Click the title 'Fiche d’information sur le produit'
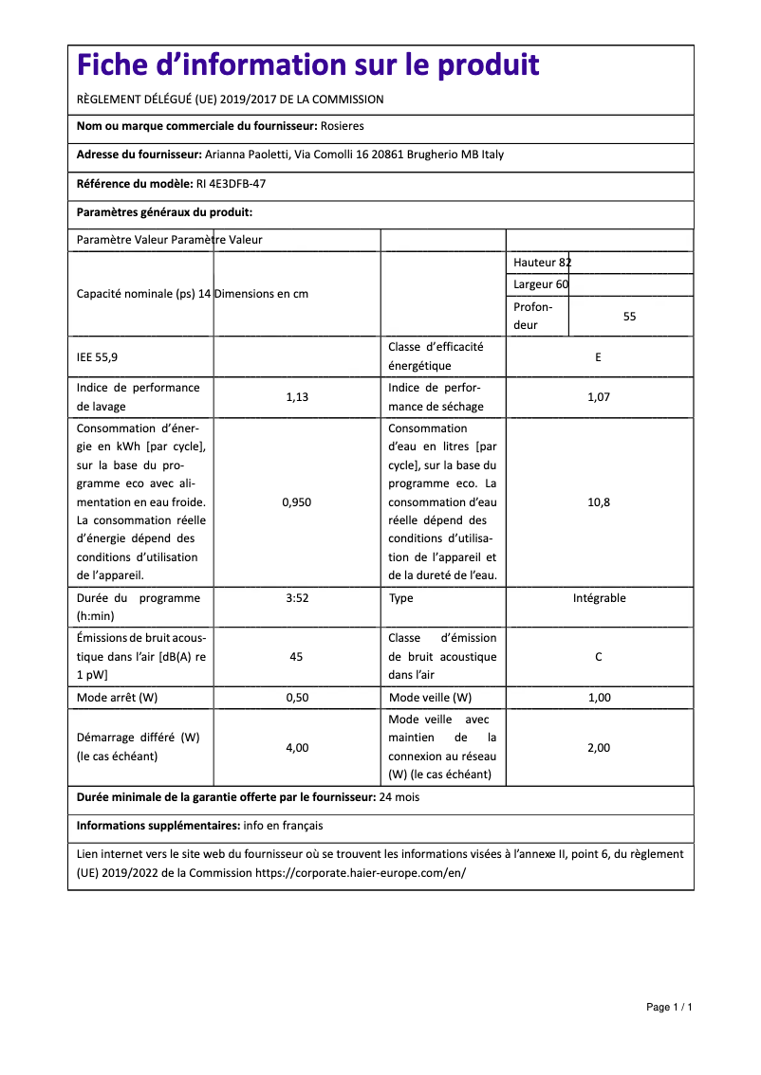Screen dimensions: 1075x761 pos(307,64)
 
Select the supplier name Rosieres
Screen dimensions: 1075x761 pos(342,126)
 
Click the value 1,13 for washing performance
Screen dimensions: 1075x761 pos(297,397)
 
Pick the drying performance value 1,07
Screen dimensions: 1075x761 pos(599,397)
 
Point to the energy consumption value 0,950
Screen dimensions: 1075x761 pos(297,502)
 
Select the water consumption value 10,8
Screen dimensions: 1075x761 pos(599,502)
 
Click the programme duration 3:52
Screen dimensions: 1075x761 pos(297,598)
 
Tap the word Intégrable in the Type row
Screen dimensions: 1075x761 pos(599,598)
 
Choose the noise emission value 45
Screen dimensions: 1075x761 pos(297,656)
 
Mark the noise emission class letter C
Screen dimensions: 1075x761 pos(599,656)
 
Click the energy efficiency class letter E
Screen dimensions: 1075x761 pos(598,357)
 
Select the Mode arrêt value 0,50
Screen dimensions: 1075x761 pos(297,698)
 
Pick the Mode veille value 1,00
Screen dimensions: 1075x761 pos(599,698)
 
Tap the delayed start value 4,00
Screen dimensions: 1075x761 pos(297,748)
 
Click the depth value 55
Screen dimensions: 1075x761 pos(629,317)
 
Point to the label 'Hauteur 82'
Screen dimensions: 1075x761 pos(542,263)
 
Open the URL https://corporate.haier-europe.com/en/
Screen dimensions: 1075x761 pos(361,872)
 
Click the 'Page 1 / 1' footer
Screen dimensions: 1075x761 pos(669,1007)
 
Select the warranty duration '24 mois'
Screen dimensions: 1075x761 pos(399,797)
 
